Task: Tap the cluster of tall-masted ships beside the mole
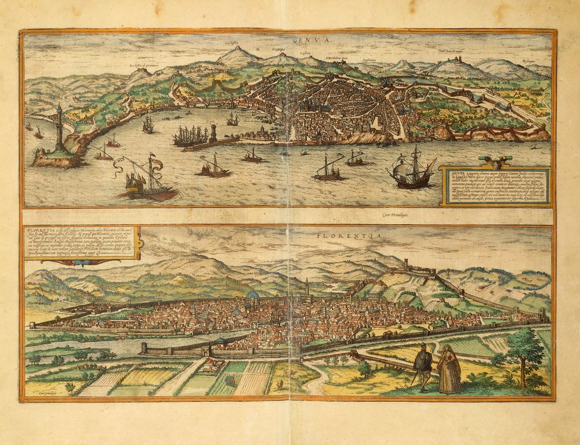point(190,136)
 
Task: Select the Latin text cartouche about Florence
point(81,244)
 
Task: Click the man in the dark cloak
point(423,364)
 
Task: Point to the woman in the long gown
point(449,369)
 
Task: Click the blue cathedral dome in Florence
point(252,296)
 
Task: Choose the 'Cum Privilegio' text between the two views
point(394,215)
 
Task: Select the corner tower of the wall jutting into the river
point(144,347)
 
